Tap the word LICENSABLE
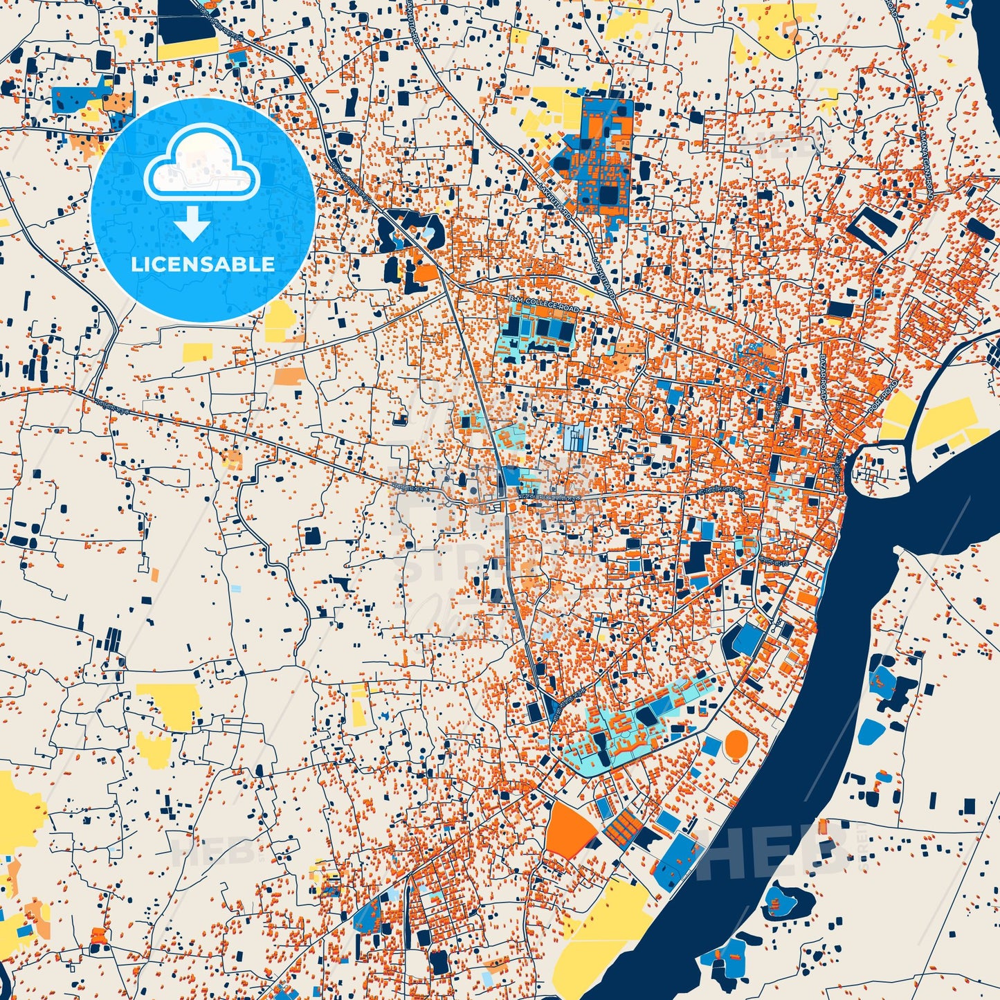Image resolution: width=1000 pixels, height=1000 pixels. point(203,264)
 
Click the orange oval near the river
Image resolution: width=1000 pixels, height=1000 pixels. point(737,744)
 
